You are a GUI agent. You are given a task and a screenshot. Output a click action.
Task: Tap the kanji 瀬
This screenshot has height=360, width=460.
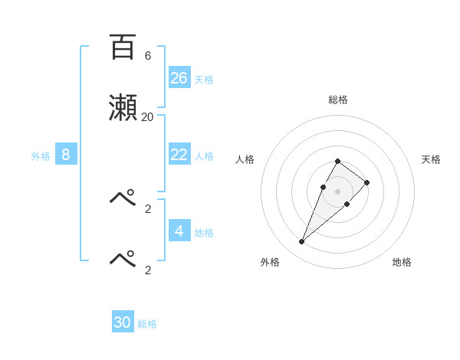(x=123, y=107)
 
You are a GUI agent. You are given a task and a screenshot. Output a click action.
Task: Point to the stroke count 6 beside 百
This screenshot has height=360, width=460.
(x=147, y=56)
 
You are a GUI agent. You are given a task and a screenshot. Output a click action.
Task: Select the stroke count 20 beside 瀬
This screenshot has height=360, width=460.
(x=147, y=117)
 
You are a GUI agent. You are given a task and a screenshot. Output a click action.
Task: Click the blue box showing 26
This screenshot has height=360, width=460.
(x=179, y=77)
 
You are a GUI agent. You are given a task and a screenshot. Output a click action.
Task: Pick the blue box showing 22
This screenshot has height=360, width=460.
(x=179, y=155)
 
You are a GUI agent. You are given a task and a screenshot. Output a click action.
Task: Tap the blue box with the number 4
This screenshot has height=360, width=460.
(x=179, y=231)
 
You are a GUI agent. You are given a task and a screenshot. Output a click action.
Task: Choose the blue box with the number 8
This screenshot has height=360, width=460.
(x=66, y=155)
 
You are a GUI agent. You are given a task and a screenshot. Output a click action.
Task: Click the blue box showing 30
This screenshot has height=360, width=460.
(x=123, y=322)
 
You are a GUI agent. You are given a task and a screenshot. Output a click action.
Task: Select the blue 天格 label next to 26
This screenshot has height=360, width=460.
(x=204, y=79)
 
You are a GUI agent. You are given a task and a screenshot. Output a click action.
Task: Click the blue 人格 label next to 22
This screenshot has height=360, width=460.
(x=204, y=156)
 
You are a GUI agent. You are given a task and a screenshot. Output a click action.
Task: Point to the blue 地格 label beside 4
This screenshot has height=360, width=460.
(x=204, y=232)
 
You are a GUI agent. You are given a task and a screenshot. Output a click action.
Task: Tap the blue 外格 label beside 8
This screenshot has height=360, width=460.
(x=41, y=156)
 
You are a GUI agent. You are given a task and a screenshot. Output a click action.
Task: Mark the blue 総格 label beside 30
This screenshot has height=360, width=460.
(x=147, y=324)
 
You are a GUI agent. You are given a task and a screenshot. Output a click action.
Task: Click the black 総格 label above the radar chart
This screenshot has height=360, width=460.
(x=338, y=100)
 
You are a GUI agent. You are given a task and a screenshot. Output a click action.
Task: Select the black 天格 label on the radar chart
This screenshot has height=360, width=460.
(x=431, y=159)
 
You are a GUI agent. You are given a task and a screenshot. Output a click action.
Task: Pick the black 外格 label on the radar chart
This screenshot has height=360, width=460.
(x=270, y=262)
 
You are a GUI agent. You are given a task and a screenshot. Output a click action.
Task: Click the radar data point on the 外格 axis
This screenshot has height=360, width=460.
(x=302, y=242)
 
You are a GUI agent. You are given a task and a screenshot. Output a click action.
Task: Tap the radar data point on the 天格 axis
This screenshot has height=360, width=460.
(x=367, y=182)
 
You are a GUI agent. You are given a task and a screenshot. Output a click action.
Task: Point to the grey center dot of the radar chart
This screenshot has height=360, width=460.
(x=338, y=191)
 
